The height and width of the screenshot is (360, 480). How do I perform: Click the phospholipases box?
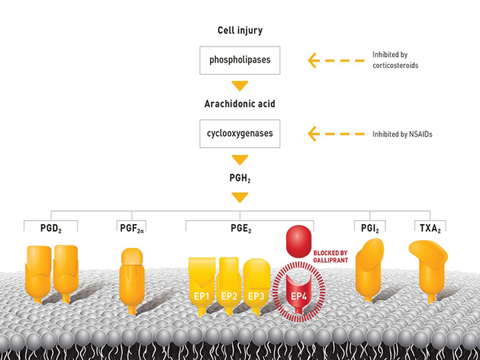[x=239, y=61]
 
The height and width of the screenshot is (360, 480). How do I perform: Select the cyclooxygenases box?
[x=239, y=134]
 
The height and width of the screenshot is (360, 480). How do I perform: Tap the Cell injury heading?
[x=239, y=31]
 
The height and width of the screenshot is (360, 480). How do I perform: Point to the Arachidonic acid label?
[x=239, y=104]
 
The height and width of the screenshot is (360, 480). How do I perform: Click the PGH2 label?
[x=239, y=178]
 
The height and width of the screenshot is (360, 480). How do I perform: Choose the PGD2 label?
[x=51, y=227]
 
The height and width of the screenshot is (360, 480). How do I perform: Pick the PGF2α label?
[x=132, y=227]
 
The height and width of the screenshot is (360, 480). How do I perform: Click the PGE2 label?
[x=239, y=227]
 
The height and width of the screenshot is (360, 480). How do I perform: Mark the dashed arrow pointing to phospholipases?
[x=336, y=61]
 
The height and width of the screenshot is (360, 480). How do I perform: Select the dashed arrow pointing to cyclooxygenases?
[x=336, y=134]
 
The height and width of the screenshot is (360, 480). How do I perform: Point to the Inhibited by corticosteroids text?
[x=399, y=61]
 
